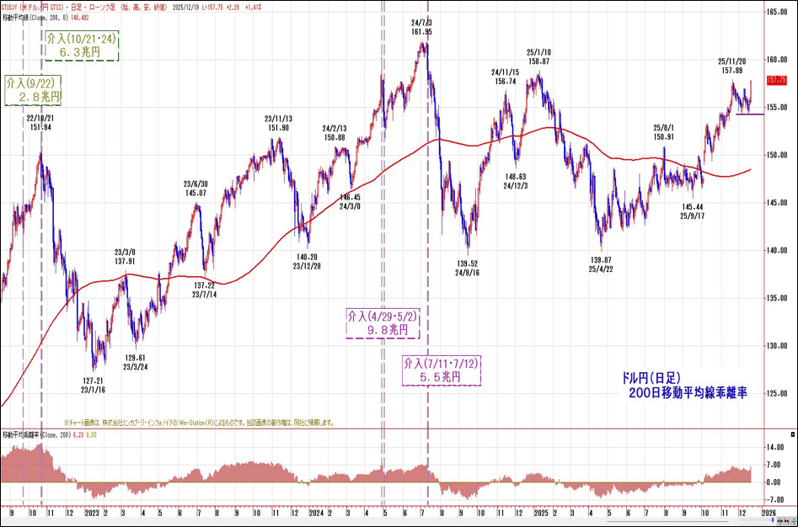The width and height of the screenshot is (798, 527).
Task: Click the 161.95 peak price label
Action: point(422,31)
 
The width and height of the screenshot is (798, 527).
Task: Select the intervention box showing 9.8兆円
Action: point(383,323)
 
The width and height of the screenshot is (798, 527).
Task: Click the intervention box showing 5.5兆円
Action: point(440,371)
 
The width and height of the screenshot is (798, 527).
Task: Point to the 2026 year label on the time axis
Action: point(770,511)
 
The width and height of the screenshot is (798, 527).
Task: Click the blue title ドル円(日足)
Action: point(645,378)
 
